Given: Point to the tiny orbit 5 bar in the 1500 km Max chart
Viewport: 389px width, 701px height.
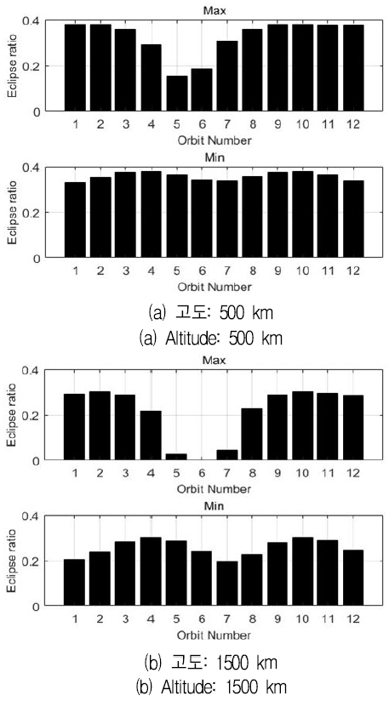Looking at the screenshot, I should pos(152,457).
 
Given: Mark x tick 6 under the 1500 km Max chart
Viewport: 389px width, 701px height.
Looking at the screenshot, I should pos(178,472).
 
